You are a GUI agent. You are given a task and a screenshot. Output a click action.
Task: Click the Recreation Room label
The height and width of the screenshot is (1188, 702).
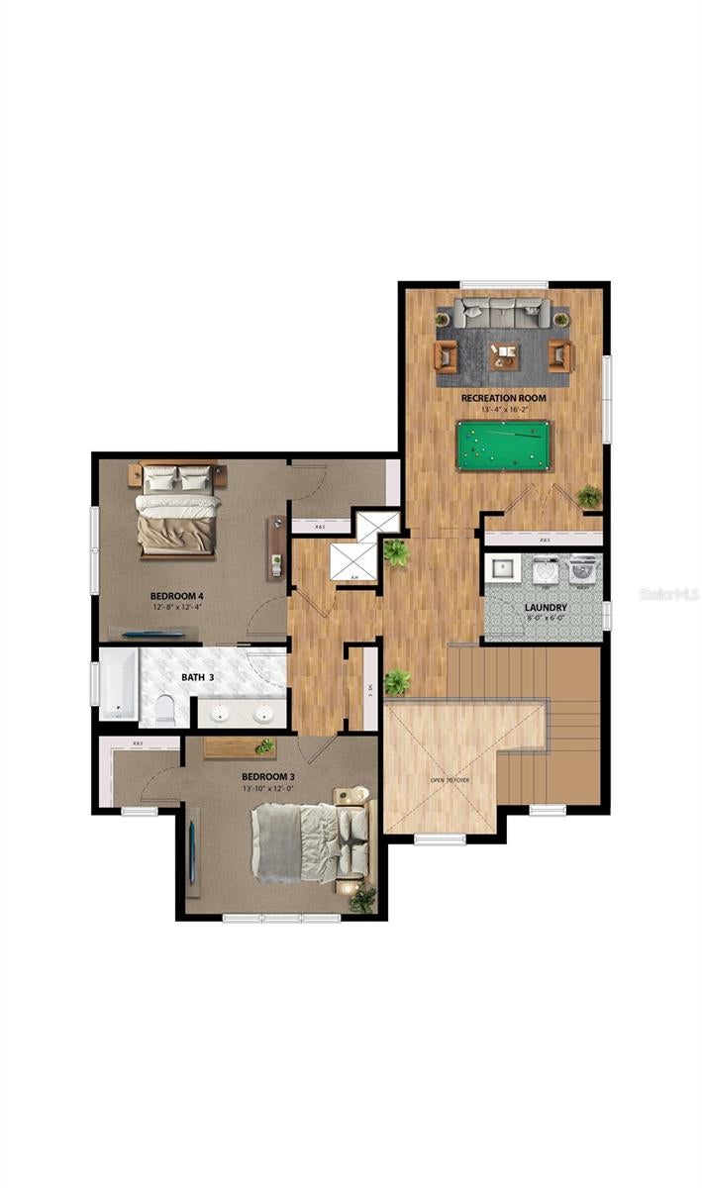[x=503, y=398]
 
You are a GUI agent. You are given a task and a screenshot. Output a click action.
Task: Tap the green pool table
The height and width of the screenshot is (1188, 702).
[x=504, y=445]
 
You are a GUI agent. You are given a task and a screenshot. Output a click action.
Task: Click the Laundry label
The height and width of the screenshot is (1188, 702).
[x=545, y=607]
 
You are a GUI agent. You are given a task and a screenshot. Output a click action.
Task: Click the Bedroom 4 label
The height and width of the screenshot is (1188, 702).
[x=176, y=596]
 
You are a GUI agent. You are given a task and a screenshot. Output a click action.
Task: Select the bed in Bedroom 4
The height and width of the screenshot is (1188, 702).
[x=177, y=510]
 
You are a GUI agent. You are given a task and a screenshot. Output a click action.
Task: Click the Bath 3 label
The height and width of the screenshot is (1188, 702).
[x=198, y=677]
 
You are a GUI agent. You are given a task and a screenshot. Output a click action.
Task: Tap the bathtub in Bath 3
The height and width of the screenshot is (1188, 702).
[x=118, y=683]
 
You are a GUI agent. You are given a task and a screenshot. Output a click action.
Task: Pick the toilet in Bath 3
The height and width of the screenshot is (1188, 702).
[x=164, y=710]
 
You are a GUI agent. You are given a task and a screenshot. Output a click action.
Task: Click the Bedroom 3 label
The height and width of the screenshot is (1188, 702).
[x=269, y=777]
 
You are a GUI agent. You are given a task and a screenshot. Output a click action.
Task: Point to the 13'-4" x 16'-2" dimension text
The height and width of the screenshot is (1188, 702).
[x=503, y=410]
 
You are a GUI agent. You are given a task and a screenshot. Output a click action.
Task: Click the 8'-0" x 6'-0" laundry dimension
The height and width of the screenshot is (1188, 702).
[x=545, y=619]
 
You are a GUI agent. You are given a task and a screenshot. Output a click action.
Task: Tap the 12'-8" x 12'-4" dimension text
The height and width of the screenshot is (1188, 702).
[x=176, y=607]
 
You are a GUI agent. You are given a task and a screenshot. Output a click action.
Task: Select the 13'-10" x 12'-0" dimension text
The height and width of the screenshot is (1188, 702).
[x=269, y=789]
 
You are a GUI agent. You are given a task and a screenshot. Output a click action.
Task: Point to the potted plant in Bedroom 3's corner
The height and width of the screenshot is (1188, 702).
[x=362, y=898]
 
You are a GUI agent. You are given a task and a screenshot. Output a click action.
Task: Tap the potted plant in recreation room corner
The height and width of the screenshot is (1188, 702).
[x=589, y=496]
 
